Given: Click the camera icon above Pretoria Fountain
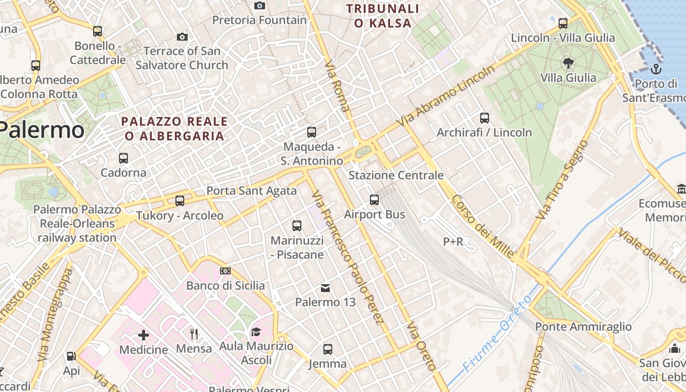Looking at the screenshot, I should coord(260,5).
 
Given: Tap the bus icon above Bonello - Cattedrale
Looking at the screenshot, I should coord(98,31).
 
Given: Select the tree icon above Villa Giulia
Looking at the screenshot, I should coord(568,63).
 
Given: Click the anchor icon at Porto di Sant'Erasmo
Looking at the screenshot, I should coord(656,69).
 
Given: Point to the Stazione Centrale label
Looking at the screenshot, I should coord(395,175).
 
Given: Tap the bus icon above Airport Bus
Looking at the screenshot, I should coord(374,199).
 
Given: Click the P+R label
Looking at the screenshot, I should coord(453,242).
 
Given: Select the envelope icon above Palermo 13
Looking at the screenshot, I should coord(325,288).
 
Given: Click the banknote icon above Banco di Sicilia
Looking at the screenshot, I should coord(225,270).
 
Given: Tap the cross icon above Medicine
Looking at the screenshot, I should coord(144,335).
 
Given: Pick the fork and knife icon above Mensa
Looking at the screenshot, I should coord(194,334).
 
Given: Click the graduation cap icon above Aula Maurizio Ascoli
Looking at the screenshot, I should coord(256,332).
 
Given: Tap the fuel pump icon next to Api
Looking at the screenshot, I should coord(72,356).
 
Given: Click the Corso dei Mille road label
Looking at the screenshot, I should coord(483,226).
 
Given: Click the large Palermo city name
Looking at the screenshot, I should coord(41,130).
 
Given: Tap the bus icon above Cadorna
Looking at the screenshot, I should coord(123,158).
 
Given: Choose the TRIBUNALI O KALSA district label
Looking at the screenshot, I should coord(383,16).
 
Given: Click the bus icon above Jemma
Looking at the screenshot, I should coord(328,349).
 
